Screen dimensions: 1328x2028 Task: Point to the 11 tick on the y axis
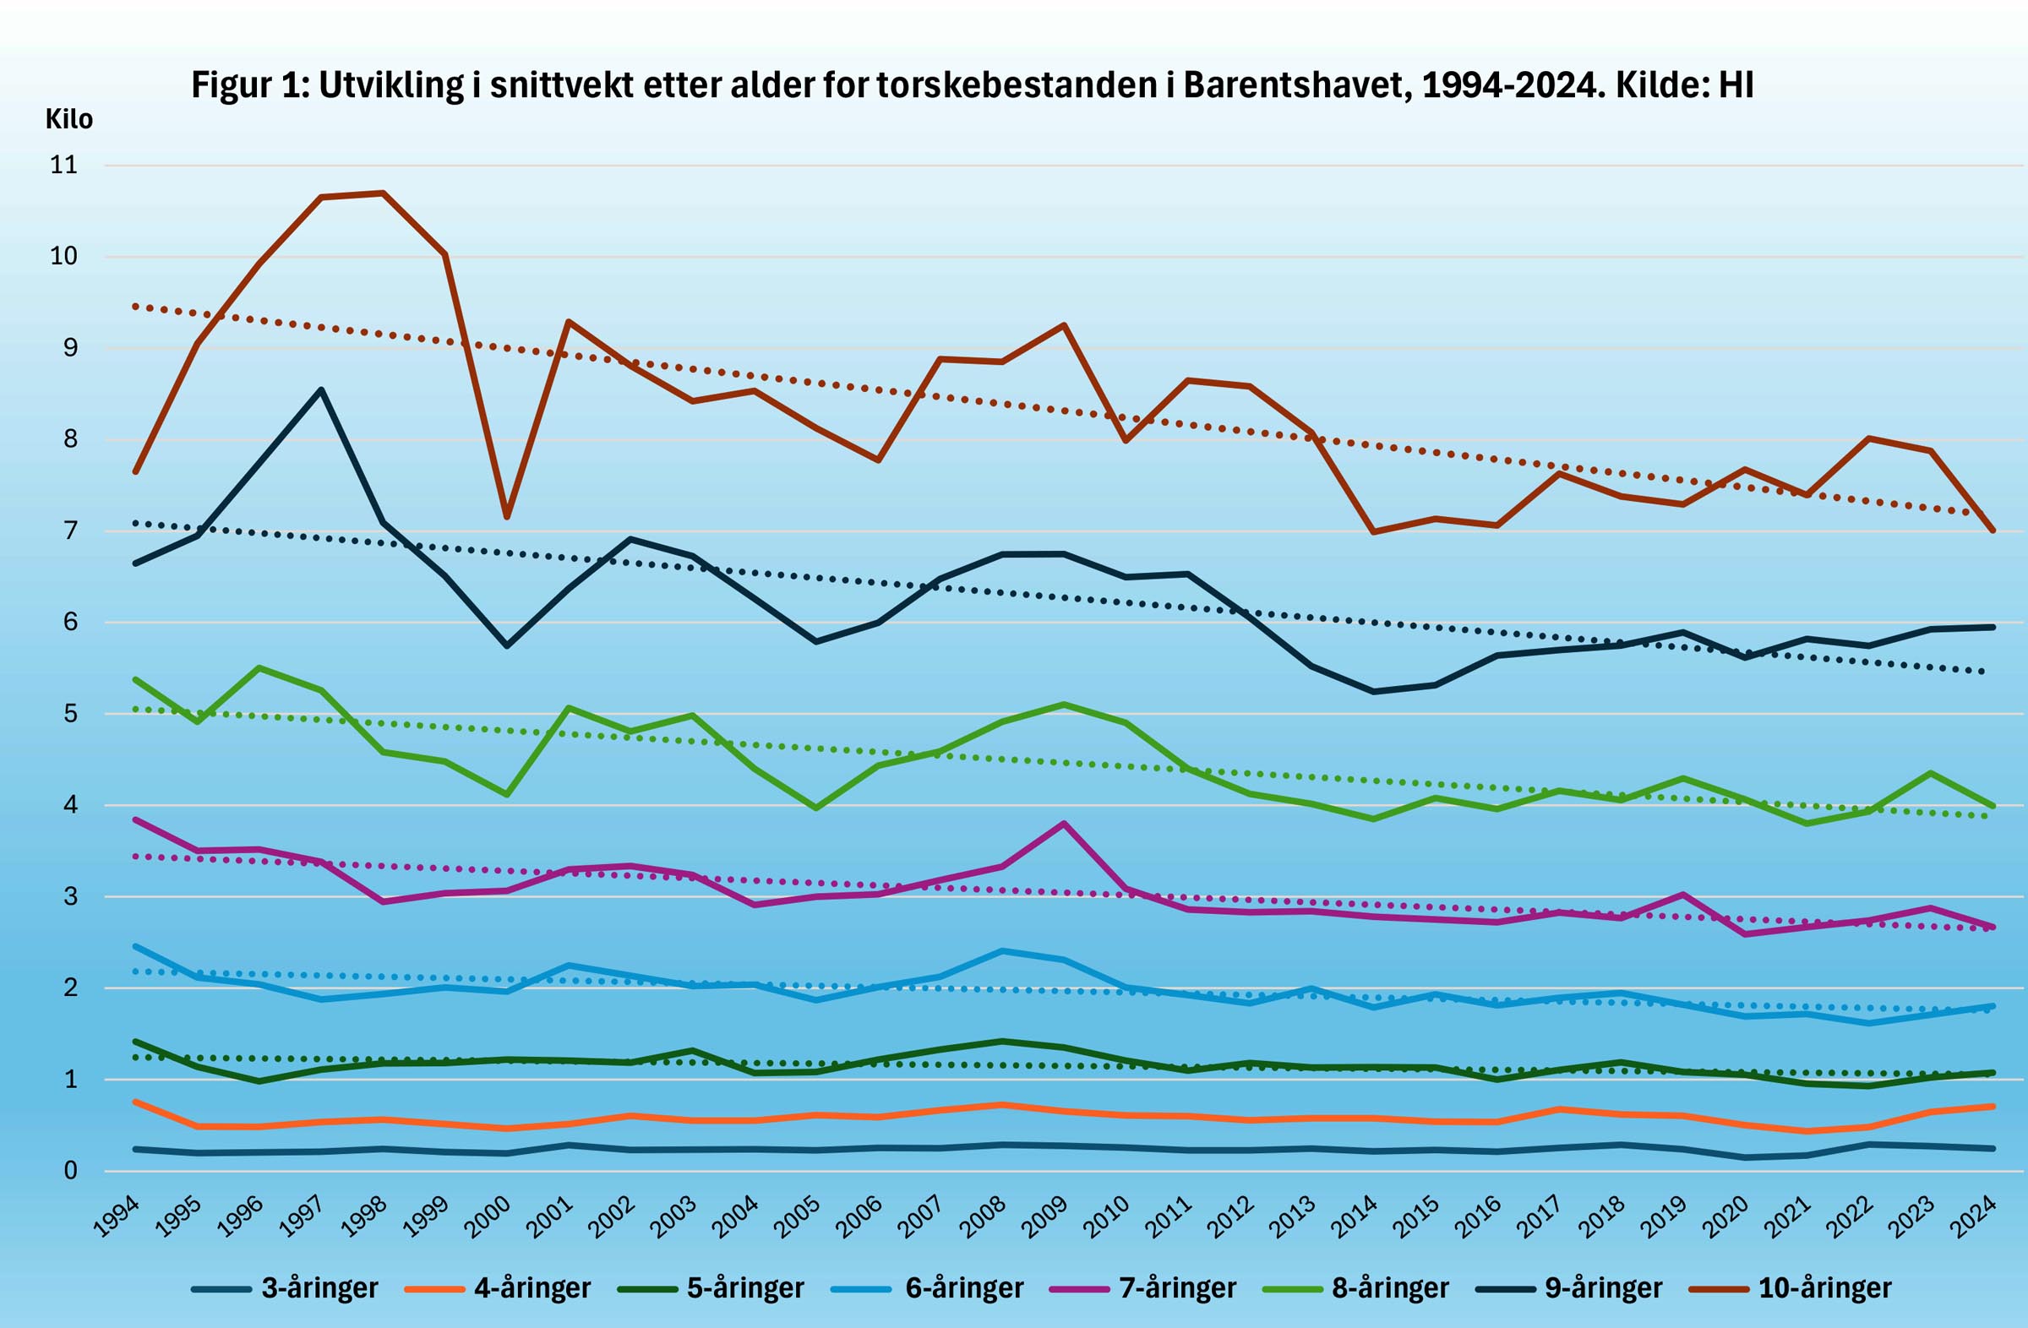[64, 165]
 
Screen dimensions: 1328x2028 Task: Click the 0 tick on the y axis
[71, 1170]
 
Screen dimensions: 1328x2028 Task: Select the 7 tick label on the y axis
[71, 531]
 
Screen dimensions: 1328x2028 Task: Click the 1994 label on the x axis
[117, 1216]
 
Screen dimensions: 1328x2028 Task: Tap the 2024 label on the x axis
[1974, 1216]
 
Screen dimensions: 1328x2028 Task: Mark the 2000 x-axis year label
[489, 1216]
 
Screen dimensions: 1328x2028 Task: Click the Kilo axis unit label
[69, 119]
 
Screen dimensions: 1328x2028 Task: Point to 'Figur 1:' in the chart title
[249, 85]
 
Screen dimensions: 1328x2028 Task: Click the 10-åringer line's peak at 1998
[384, 193]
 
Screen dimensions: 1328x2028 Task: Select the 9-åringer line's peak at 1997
[321, 390]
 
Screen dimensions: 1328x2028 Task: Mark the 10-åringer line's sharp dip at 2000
[507, 517]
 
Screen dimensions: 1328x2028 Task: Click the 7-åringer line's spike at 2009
[1063, 823]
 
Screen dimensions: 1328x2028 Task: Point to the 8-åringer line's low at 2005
[815, 808]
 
